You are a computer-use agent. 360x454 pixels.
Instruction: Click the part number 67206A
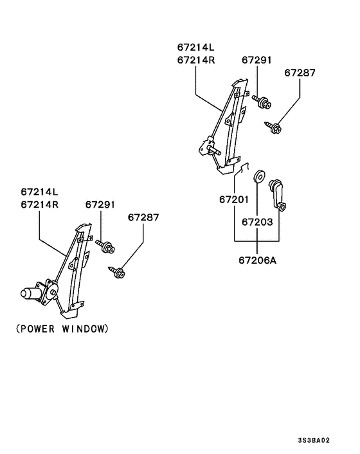(x=258, y=262)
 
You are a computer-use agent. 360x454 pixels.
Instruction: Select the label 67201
(x=233, y=199)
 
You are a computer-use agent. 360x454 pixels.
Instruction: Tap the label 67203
(x=258, y=222)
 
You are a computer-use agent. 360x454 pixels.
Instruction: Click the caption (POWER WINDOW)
(x=62, y=329)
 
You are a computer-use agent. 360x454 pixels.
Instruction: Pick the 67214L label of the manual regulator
(x=197, y=48)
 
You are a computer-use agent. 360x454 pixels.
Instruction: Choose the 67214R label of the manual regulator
(x=197, y=60)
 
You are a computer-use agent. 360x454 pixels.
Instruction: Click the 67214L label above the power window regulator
(x=39, y=192)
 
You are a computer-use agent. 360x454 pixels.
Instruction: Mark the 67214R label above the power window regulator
(x=39, y=204)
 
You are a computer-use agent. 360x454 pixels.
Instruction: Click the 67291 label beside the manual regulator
(x=256, y=60)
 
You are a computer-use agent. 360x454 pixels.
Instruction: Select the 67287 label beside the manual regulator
(x=300, y=73)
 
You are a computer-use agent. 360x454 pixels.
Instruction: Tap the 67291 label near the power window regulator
(x=100, y=204)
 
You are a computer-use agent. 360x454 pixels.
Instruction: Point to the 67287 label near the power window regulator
(x=142, y=217)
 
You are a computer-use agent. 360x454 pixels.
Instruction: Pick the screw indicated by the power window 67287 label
(x=118, y=273)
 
